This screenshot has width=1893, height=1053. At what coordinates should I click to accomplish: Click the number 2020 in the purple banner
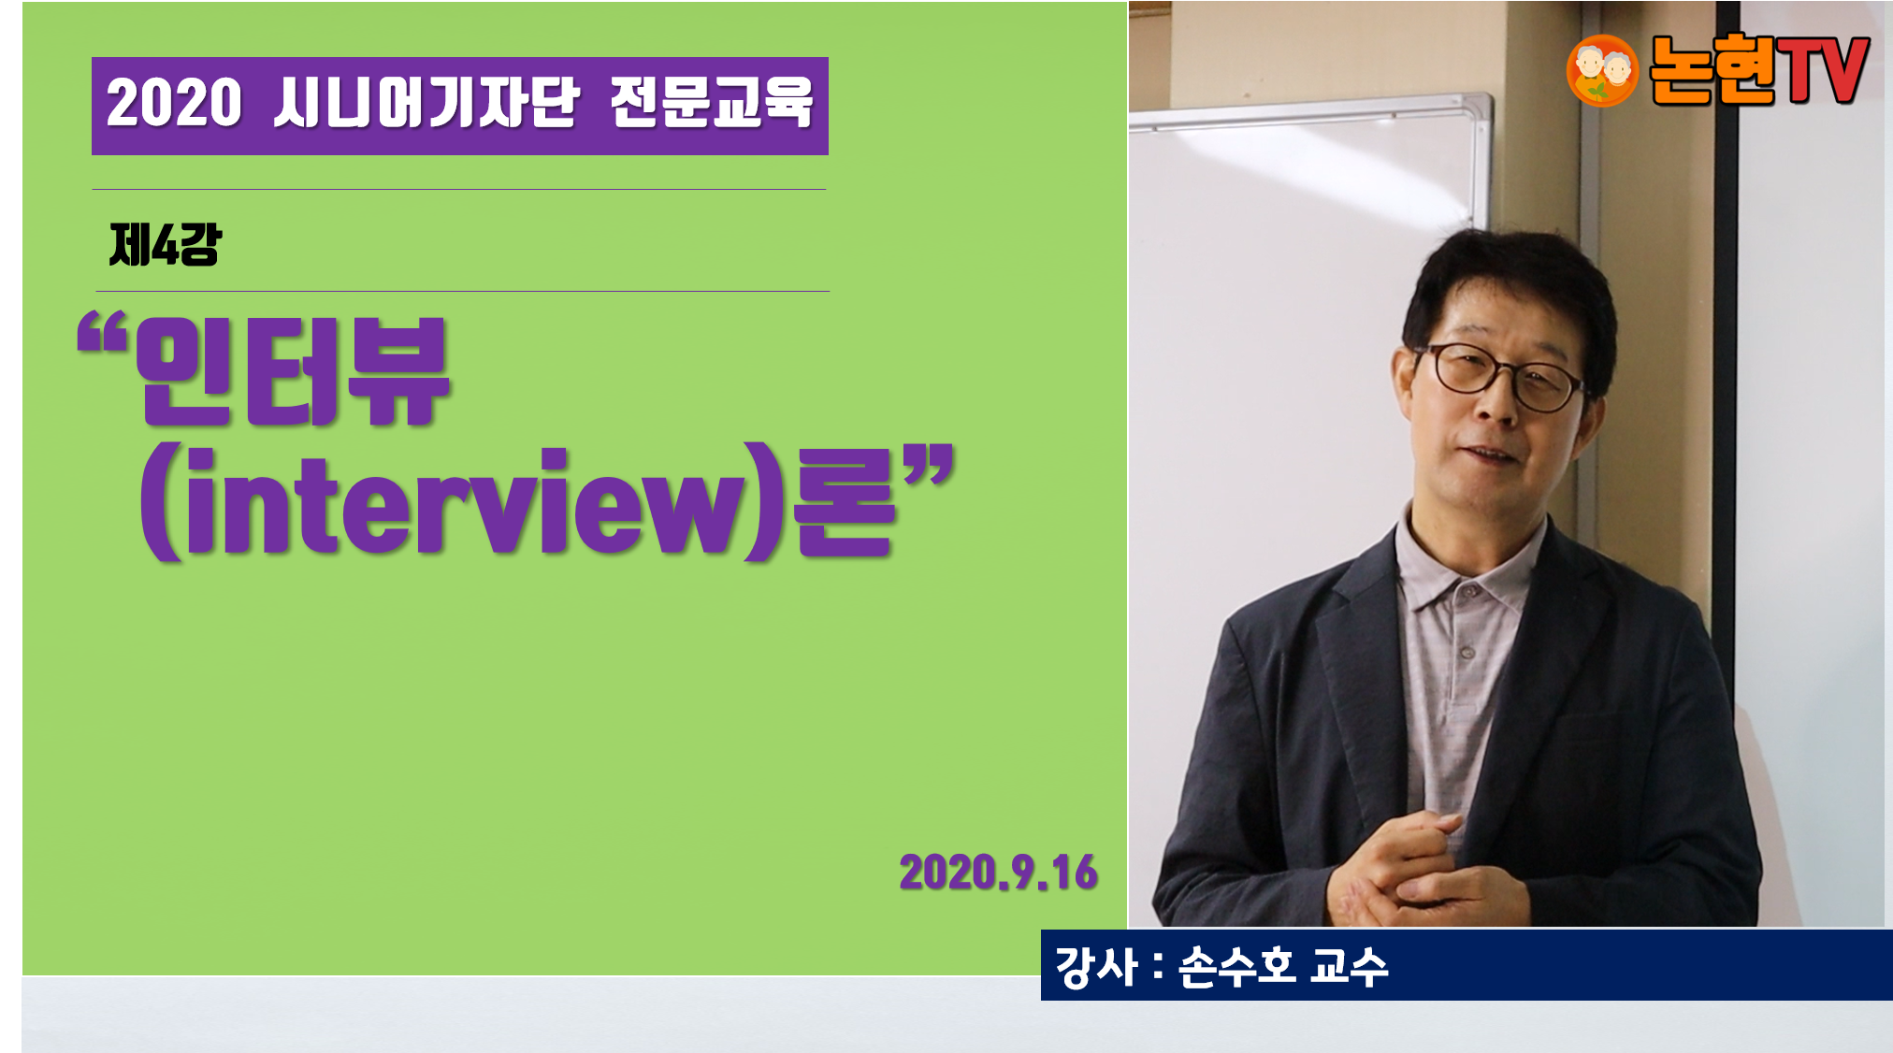click(174, 103)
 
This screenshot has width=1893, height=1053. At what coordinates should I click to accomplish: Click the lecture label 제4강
click(165, 245)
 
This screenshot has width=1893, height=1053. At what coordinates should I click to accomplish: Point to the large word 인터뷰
click(293, 371)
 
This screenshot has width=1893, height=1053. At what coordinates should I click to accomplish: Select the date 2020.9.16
click(998, 873)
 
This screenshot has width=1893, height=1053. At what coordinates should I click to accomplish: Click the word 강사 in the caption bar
click(1095, 966)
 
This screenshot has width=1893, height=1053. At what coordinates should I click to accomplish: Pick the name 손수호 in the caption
click(1236, 966)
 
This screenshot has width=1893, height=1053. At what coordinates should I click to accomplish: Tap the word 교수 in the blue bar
click(1349, 966)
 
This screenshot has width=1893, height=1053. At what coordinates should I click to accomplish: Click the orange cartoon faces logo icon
click(1602, 70)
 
